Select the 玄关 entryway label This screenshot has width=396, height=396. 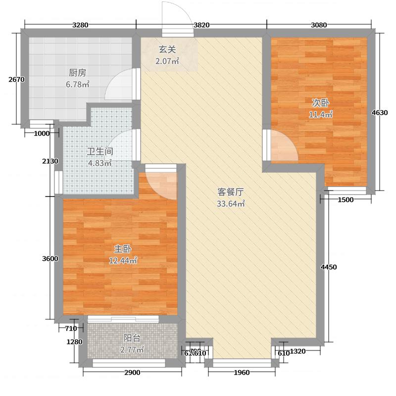pos(167,50)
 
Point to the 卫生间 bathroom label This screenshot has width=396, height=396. pos(100,151)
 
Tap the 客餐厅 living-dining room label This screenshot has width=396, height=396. pos(231,192)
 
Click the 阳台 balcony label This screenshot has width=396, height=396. pos(132,339)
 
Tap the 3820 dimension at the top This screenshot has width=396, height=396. pos(201,25)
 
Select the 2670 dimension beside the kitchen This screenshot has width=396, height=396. pos(16,79)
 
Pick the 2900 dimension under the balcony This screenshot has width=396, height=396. pos(132,373)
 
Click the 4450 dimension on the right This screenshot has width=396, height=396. pos(329,267)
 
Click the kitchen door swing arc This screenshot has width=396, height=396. pos(119,85)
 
